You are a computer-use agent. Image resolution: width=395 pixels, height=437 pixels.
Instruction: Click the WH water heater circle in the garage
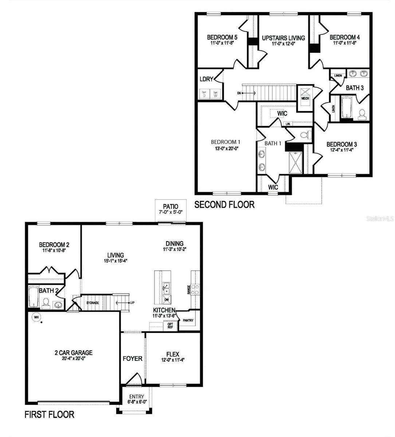(x=36, y=317)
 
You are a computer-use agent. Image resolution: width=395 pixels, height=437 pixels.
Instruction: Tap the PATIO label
(x=171, y=206)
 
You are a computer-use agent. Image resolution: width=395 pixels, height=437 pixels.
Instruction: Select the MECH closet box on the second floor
(x=305, y=94)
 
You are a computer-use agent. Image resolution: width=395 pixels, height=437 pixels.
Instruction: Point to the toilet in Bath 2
(x=46, y=303)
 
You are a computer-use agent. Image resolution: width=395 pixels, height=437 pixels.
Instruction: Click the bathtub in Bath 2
(x=33, y=297)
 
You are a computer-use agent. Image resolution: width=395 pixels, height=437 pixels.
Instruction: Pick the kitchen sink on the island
(x=166, y=288)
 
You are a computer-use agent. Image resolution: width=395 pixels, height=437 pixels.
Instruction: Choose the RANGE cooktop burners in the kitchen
(x=195, y=289)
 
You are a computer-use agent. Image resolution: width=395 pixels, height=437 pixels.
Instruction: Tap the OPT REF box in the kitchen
(x=170, y=326)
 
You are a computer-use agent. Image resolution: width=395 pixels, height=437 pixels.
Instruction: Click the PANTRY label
(x=188, y=321)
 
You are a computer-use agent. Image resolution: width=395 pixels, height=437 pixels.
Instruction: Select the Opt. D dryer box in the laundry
(x=204, y=94)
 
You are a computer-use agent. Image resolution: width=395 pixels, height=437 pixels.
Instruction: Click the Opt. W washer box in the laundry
(x=215, y=94)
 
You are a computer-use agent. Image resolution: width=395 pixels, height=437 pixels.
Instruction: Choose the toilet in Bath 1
(x=306, y=135)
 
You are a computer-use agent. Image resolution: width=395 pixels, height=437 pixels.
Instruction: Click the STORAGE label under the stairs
(x=93, y=303)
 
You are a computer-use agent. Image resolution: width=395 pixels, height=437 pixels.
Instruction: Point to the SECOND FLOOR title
(x=224, y=205)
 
